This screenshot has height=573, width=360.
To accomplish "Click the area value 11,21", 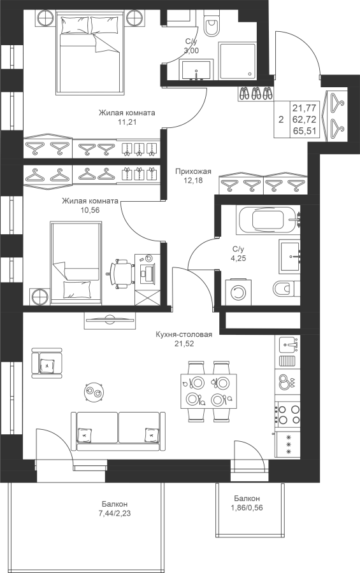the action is coord(127,122).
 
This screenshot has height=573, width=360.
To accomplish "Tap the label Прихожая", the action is coord(193,171).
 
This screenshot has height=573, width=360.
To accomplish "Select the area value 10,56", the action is coord(90,209).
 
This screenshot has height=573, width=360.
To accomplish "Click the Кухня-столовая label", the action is coord(184,334).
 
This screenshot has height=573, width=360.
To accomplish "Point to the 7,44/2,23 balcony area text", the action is coord(115,513).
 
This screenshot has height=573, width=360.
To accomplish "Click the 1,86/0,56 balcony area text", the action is coord(247,507).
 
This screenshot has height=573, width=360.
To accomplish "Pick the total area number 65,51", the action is coord(304,131).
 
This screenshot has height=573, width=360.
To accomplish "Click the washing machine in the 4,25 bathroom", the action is coord(238,292).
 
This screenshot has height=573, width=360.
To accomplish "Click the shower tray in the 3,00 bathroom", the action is coord(237,60).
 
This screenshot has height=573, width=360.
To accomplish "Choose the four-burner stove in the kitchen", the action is coord(288,414).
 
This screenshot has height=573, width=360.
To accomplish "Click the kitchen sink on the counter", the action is coord(288,344).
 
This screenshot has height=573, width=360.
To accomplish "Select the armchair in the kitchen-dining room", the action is coord(47,363).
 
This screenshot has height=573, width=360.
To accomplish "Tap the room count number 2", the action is coord(281,120).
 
